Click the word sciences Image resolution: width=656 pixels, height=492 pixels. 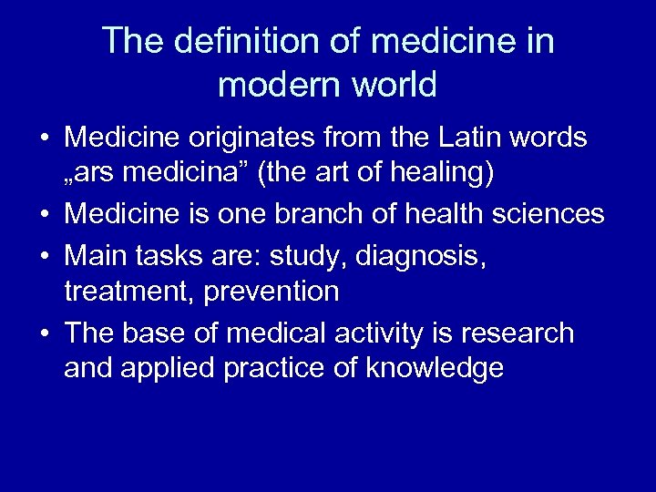(550, 215)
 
